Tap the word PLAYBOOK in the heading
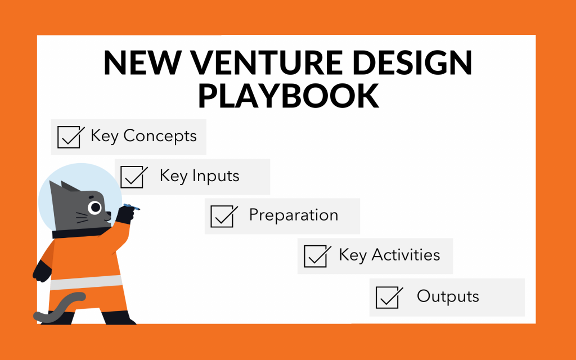[289, 96]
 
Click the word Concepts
[160, 136]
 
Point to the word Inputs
[215, 176]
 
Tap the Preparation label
[294, 215]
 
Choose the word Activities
[406, 255]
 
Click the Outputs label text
[448, 296]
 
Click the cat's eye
[95, 208]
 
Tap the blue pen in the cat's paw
[132, 207]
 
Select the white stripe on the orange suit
[86, 282]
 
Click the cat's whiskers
[82, 218]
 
